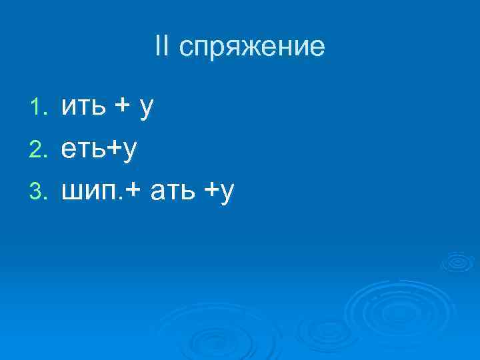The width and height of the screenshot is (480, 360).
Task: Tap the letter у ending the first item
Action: [x=147, y=108]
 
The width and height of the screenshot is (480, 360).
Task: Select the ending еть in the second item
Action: [x=83, y=149]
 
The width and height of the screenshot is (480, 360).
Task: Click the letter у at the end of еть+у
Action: [x=129, y=152]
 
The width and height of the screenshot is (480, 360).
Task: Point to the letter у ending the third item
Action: [x=228, y=195]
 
